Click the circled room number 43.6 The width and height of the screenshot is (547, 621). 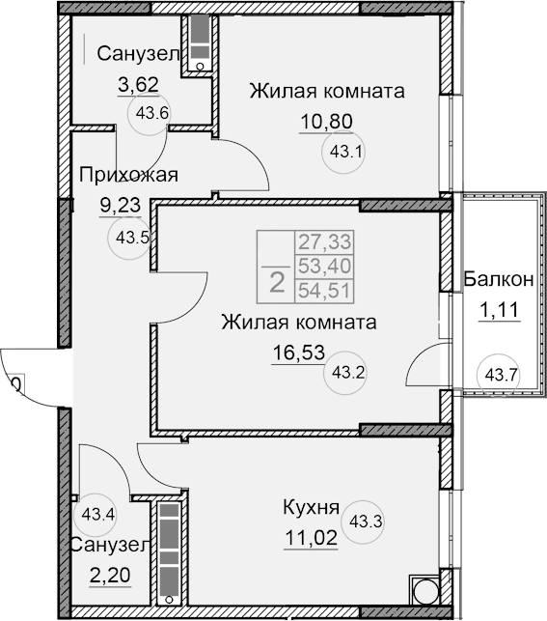(x=152, y=112)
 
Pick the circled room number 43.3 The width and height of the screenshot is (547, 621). (x=366, y=522)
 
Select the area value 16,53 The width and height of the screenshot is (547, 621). (x=296, y=351)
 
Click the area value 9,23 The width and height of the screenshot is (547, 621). (x=122, y=206)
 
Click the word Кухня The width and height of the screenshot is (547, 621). (x=310, y=508)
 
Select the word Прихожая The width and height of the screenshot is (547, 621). (x=128, y=175)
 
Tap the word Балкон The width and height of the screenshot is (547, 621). (x=497, y=280)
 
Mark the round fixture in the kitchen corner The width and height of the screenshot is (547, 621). (x=423, y=592)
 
